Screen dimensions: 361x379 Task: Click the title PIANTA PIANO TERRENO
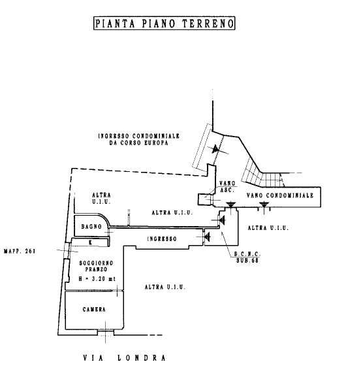(165, 24)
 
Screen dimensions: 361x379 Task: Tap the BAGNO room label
(91, 227)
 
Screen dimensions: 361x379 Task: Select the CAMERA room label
(94, 309)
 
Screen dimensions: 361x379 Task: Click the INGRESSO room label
(162, 239)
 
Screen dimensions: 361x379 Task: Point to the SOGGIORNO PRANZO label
(96, 266)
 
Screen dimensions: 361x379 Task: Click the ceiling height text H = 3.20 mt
(97, 278)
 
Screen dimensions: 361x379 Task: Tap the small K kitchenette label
(90, 242)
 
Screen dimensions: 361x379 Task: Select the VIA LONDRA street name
(124, 357)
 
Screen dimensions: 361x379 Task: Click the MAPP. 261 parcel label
(20, 251)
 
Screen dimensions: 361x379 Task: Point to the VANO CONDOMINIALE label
(280, 195)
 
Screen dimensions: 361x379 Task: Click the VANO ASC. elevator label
(227, 187)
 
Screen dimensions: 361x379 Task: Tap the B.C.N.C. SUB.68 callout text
(247, 257)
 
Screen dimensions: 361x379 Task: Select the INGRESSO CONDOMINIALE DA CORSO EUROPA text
(139, 139)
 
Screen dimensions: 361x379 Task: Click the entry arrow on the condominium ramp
(215, 149)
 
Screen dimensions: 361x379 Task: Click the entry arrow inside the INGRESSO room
(207, 237)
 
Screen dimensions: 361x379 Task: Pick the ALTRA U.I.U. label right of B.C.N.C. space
(268, 227)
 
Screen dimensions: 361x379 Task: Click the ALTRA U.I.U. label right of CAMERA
(165, 287)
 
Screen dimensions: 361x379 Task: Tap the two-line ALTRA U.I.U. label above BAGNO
(101, 198)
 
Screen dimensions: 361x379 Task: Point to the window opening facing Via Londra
(106, 333)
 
